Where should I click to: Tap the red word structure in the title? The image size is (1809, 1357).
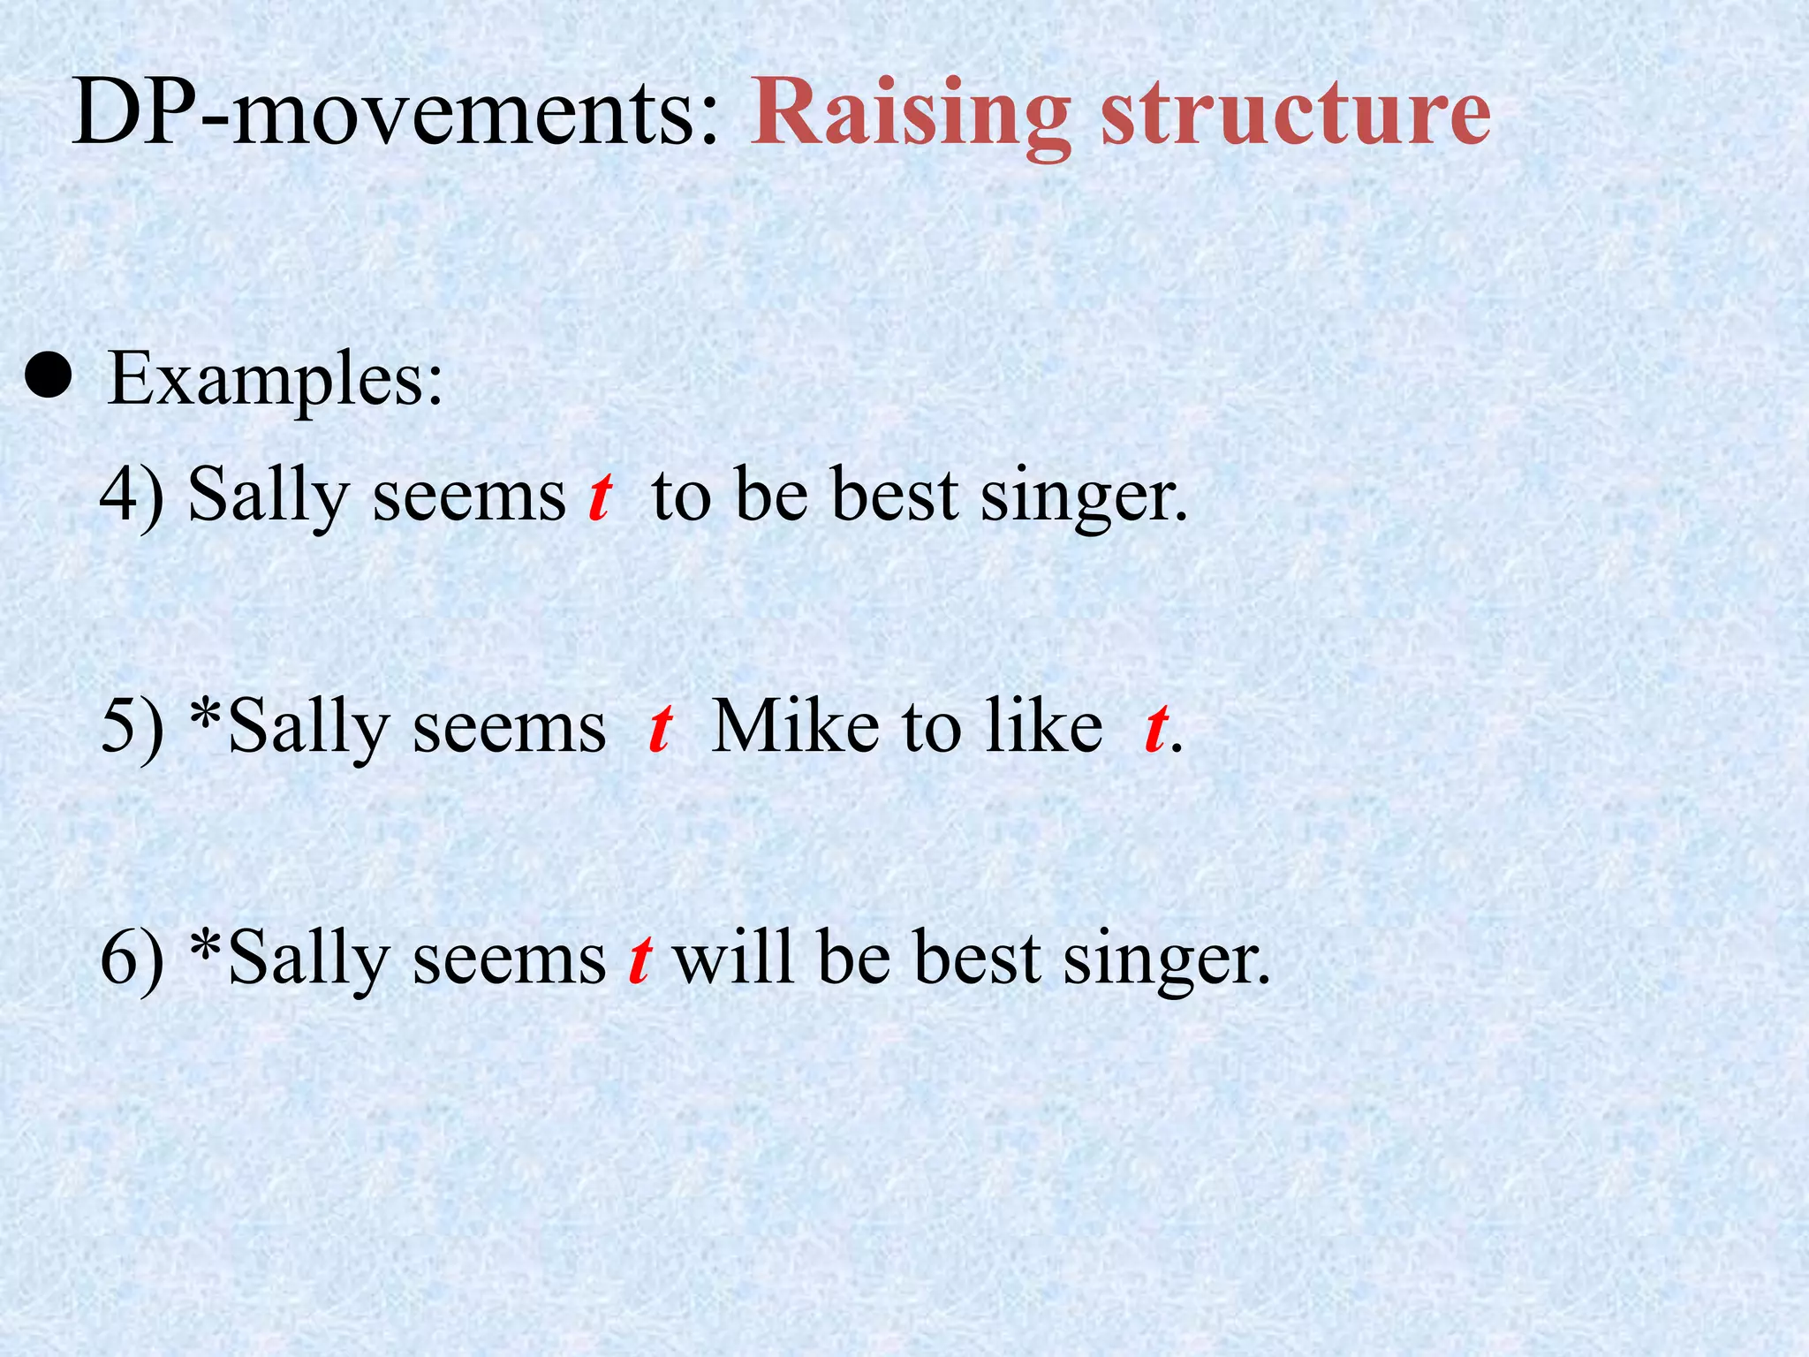coord(1296,115)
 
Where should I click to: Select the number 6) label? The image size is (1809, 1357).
coord(132,959)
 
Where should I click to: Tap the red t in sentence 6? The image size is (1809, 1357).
coord(640,959)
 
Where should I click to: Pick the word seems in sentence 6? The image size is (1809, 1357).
coord(509,959)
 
